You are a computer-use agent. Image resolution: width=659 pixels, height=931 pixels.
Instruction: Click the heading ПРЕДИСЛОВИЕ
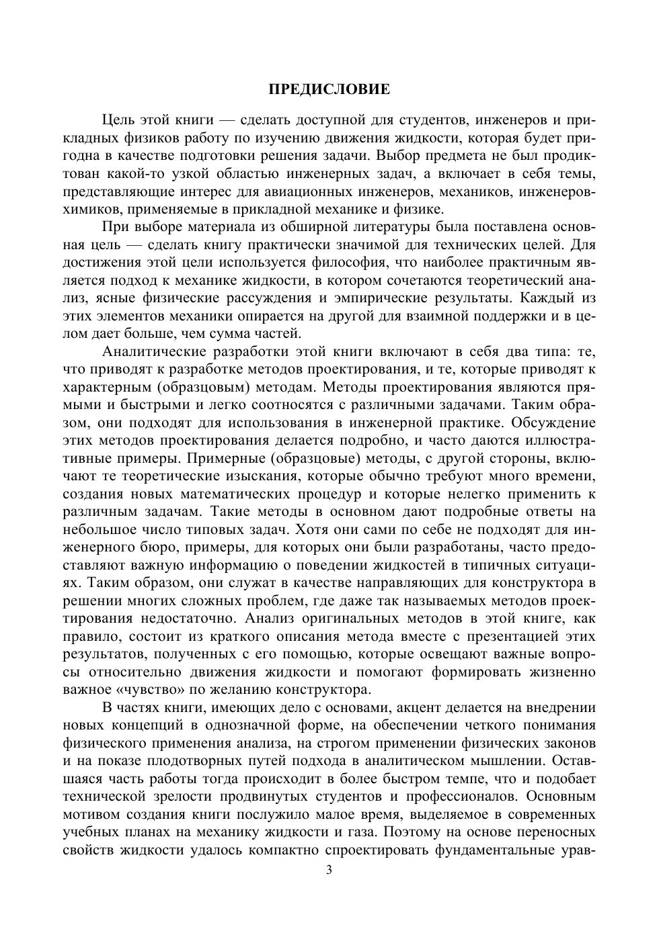[x=329, y=89]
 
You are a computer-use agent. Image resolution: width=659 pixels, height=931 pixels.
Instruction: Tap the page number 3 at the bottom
[x=329, y=870]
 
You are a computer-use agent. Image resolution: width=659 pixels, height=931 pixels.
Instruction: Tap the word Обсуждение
[x=553, y=423]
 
